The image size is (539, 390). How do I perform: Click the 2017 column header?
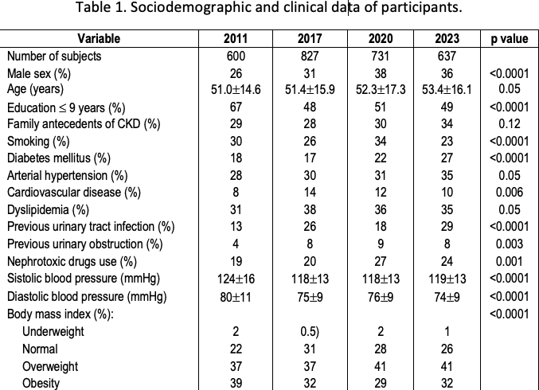pos(310,38)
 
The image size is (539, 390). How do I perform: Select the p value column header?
pos(509,39)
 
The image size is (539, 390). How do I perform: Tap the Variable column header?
pos(99,38)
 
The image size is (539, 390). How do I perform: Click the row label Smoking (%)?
pos(38,141)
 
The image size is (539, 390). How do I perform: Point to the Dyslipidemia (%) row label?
pos(48,209)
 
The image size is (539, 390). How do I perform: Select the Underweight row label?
pos(53,331)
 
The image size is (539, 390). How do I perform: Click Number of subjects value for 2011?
pos(236,56)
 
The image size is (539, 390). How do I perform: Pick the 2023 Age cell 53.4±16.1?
pos(447,89)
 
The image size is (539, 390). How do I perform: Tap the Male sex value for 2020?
pos(381,73)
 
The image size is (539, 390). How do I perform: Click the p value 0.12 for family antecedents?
pos(510,123)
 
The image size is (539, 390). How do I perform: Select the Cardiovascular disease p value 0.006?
pos(510,192)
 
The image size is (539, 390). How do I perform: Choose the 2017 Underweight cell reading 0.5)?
pos(310,331)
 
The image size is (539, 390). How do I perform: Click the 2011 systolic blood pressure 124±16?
pos(236,279)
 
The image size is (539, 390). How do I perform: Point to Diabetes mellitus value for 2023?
pos(447,158)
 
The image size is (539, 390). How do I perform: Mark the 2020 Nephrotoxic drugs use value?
pos(381,262)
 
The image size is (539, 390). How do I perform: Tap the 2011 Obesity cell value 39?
pos(236,383)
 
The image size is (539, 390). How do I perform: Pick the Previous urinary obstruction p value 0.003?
pos(510,244)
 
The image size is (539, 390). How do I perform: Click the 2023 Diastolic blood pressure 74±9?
pos(447,297)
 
